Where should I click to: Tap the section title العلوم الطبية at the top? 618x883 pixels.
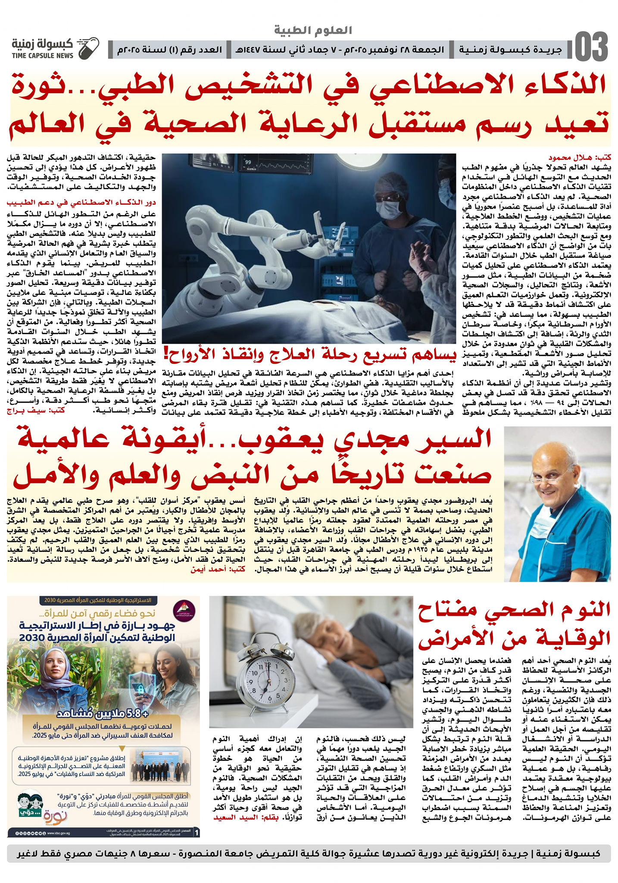tap(313, 30)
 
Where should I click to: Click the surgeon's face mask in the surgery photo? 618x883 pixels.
tap(389, 209)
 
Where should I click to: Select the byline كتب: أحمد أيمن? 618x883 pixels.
tap(218, 569)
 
